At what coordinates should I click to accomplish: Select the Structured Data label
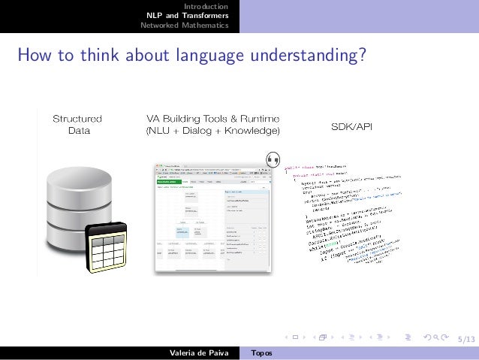pos(77,124)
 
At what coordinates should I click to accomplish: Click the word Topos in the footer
pos(262,352)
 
